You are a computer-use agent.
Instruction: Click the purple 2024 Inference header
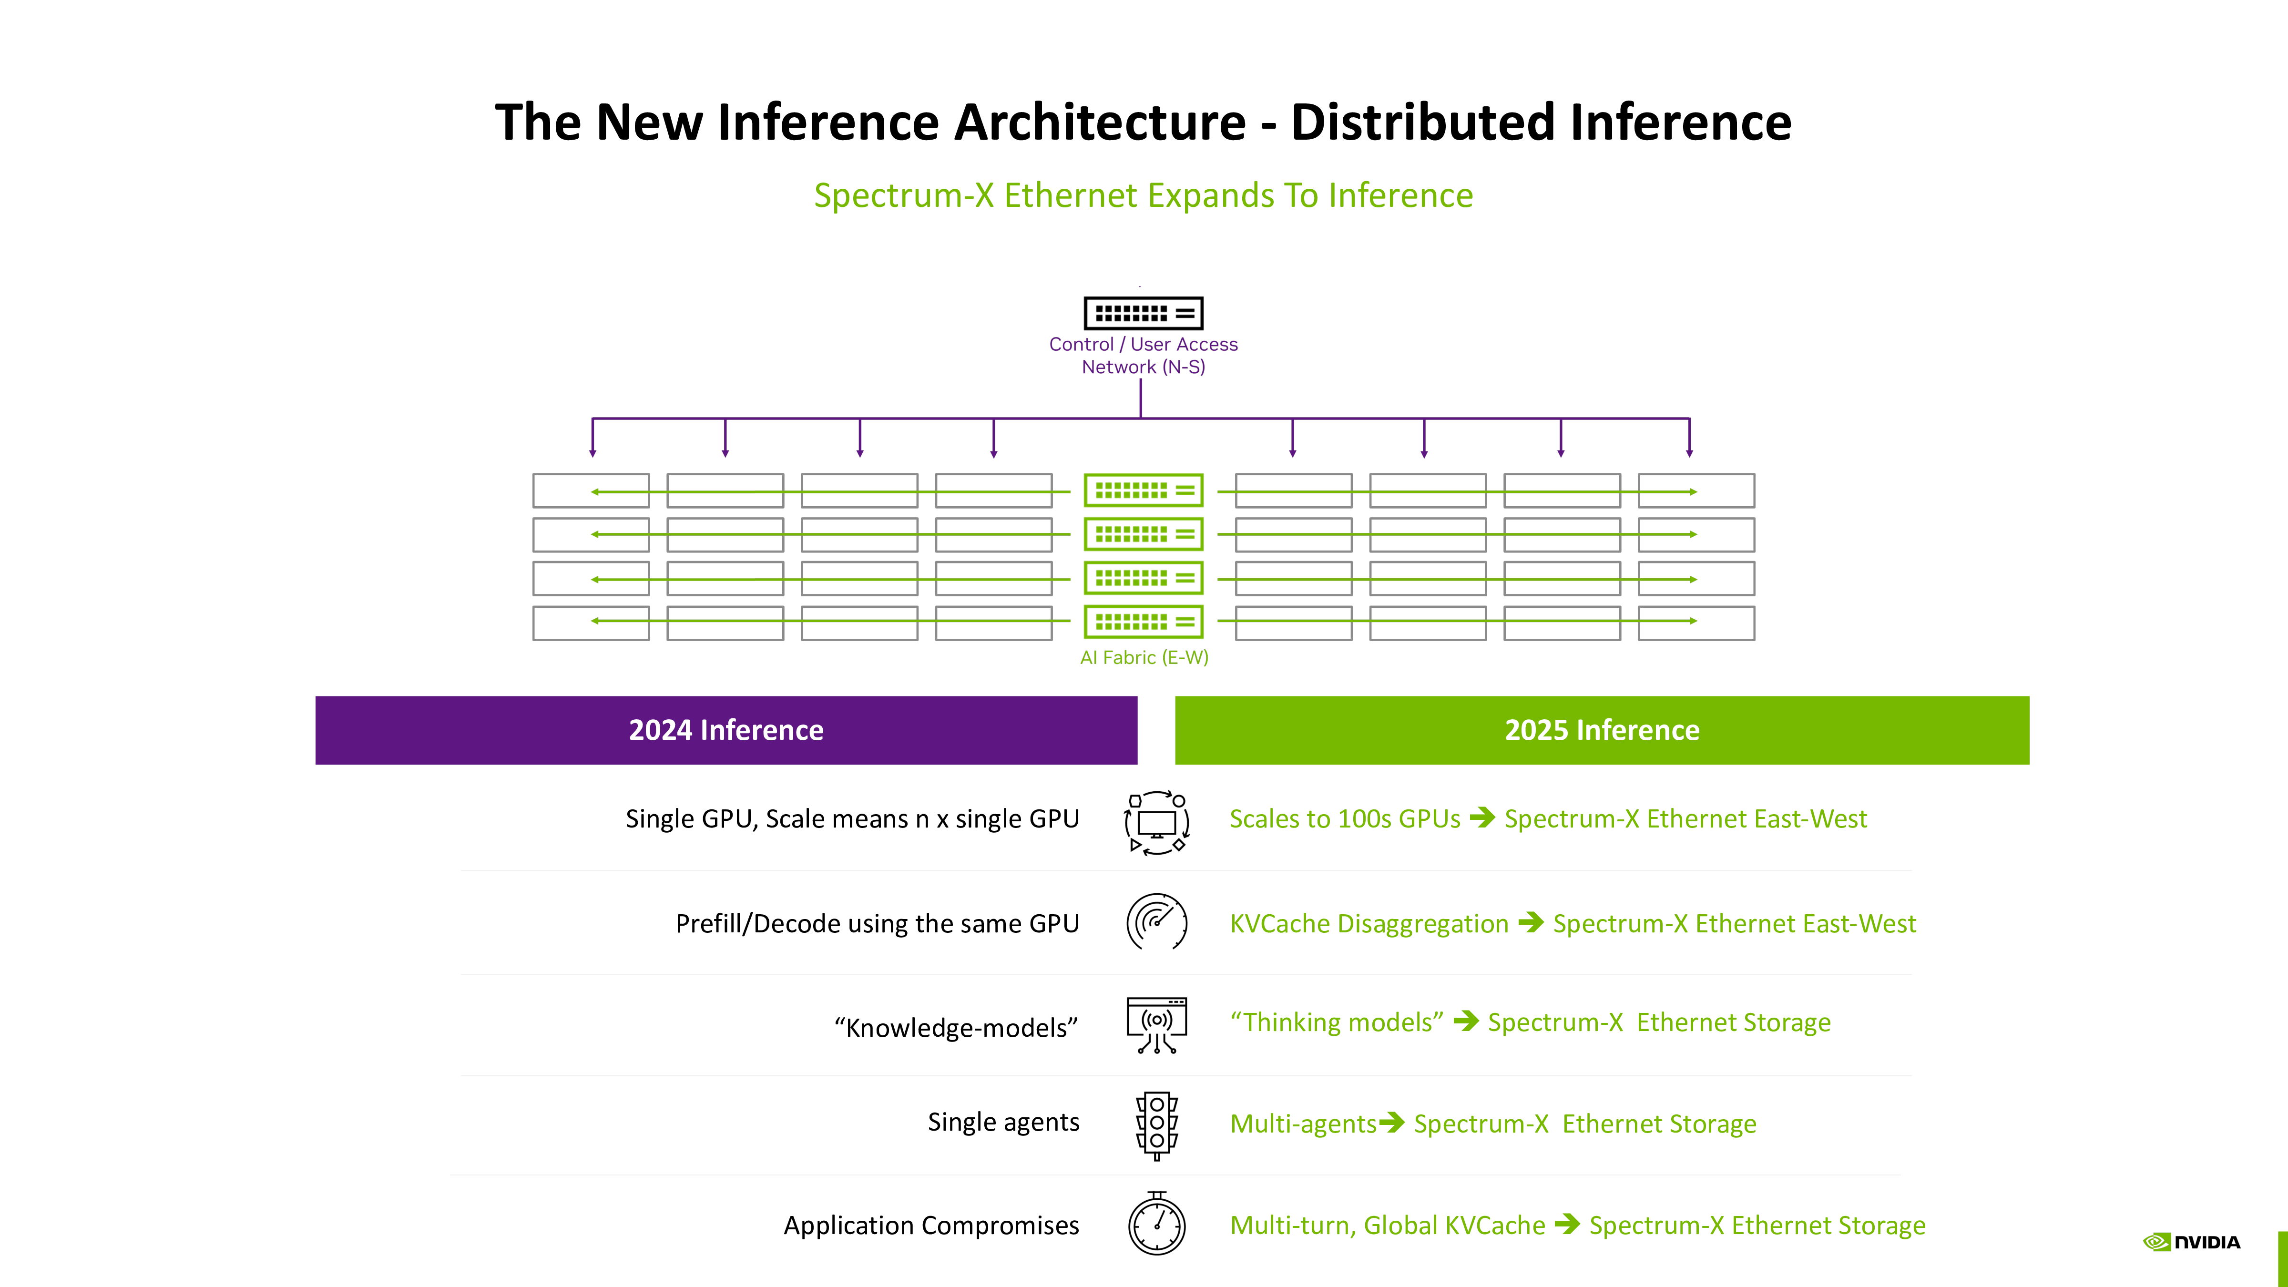tap(725, 730)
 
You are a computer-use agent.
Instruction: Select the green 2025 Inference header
tap(1602, 730)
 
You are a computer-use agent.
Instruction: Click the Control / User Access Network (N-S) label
tap(1143, 355)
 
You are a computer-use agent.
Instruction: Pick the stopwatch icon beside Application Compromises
tap(1156, 1225)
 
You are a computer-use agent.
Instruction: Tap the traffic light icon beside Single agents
tap(1156, 1124)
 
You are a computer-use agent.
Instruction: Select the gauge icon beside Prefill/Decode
tap(1156, 922)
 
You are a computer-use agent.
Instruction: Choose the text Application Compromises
tap(931, 1225)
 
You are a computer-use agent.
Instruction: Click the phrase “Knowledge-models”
tap(956, 1028)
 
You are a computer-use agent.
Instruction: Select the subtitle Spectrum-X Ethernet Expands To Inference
tap(1143, 195)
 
